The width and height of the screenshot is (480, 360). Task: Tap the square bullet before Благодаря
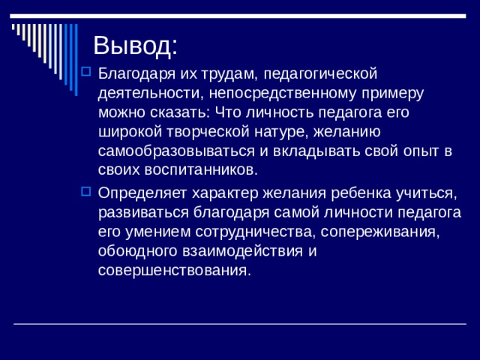click(86, 73)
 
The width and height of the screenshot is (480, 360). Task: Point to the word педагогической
click(321, 74)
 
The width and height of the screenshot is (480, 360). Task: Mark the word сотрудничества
click(238, 231)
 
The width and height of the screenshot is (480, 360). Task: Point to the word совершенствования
click(173, 270)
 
